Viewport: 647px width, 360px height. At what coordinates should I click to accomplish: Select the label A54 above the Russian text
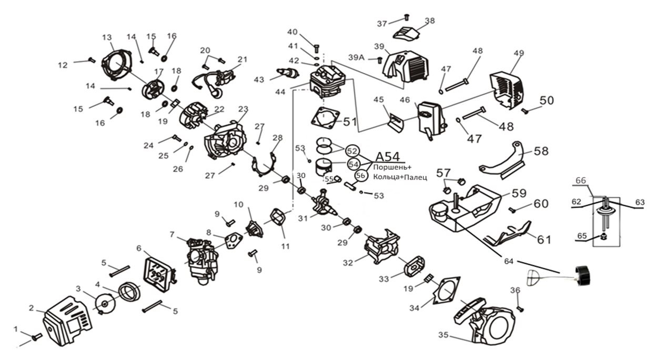[387, 156]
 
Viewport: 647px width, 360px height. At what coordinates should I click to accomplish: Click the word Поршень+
[389, 167]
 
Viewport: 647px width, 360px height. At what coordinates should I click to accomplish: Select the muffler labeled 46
[431, 119]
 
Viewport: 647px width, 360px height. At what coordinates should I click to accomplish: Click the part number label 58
[540, 151]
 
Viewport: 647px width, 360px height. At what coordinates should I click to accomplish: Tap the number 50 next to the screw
[547, 100]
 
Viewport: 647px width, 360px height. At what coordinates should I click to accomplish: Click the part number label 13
[107, 37]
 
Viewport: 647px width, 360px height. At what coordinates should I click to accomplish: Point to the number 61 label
[544, 239]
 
